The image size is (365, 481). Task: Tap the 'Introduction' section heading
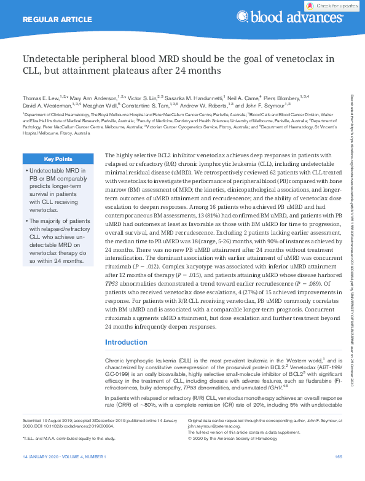pos(126,342)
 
